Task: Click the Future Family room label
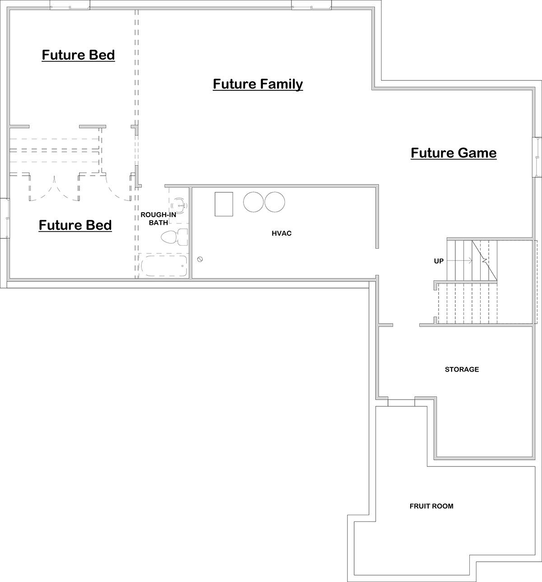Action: click(x=258, y=84)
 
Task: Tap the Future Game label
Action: click(x=453, y=153)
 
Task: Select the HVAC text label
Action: click(x=281, y=233)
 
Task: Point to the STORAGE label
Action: click(x=462, y=369)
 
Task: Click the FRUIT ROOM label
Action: click(x=431, y=506)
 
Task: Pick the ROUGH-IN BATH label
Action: click(x=159, y=219)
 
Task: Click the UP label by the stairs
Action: click(x=439, y=261)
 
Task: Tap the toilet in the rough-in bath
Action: click(x=174, y=237)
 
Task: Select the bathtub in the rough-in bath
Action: click(x=164, y=266)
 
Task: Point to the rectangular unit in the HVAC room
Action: click(x=224, y=204)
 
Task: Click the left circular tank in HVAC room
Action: click(x=253, y=202)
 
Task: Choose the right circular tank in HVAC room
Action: click(x=275, y=202)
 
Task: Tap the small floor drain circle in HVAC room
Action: click(x=200, y=259)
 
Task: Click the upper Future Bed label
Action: click(x=78, y=55)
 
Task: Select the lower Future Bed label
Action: click(x=75, y=225)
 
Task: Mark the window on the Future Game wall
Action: click(x=537, y=157)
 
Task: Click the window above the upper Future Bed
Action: click(x=70, y=5)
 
